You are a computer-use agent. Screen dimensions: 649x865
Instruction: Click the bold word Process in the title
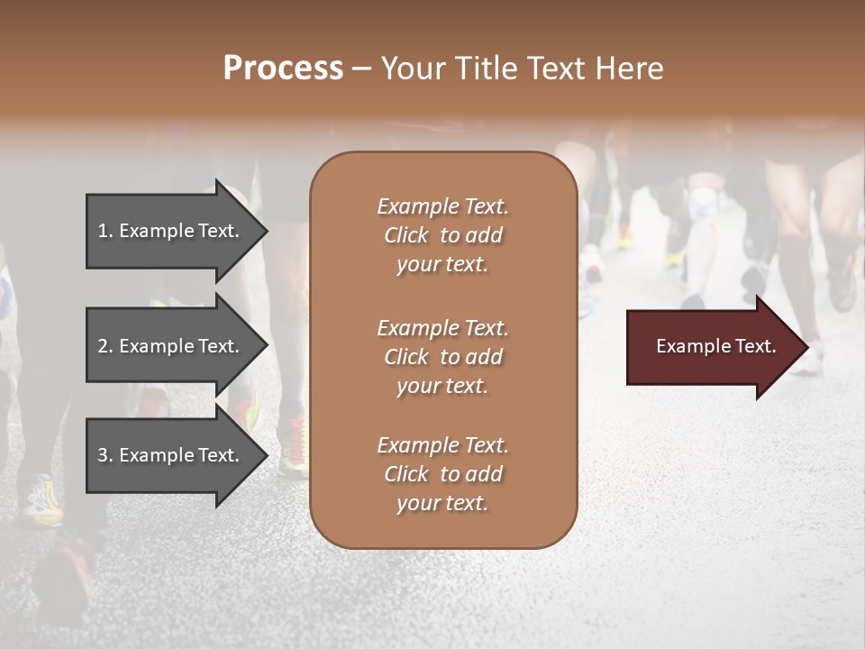pyautogui.click(x=283, y=69)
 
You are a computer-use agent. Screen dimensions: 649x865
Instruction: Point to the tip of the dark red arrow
pyautogui.click(x=806, y=347)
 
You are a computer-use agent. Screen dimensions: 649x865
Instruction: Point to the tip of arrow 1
pyautogui.click(x=266, y=231)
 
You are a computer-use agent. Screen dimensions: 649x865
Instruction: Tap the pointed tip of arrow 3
pyautogui.click(x=266, y=455)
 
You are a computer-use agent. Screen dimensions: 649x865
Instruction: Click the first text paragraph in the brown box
pyautogui.click(x=442, y=235)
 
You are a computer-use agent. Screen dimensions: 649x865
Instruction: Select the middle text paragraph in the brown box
pyautogui.click(x=442, y=357)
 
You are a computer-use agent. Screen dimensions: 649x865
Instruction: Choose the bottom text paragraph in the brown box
pyautogui.click(x=442, y=474)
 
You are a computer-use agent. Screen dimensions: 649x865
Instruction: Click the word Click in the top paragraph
pyautogui.click(x=406, y=235)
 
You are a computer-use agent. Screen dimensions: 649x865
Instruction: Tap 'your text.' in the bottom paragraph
pyautogui.click(x=442, y=503)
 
